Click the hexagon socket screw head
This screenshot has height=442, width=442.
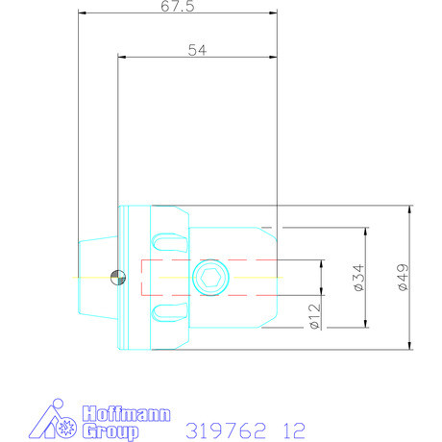210,278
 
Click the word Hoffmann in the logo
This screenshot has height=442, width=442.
127,414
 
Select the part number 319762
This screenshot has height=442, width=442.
223,430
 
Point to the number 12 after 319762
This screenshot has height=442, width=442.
294,430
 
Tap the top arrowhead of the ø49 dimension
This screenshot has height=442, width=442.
411,209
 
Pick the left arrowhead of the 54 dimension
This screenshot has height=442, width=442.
120,57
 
